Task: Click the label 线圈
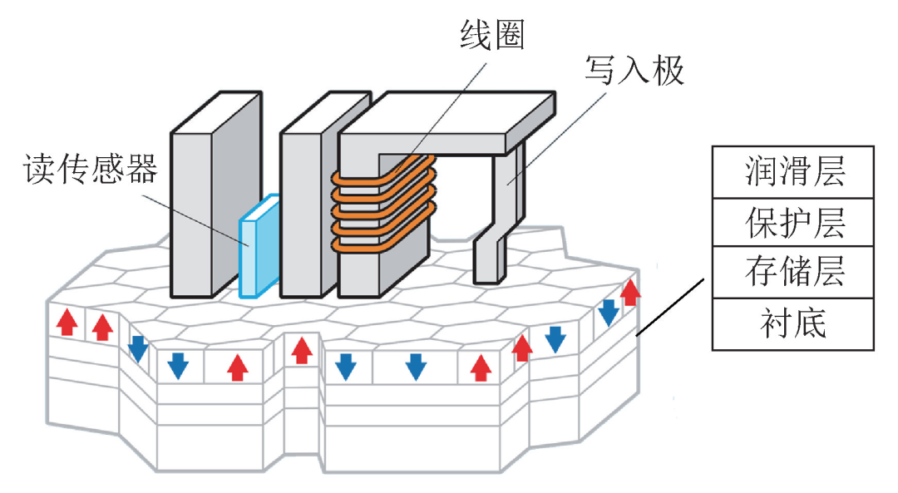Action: click(x=492, y=35)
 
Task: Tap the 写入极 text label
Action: click(x=634, y=71)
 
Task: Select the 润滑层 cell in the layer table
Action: click(x=793, y=172)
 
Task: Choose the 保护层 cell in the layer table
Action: click(x=793, y=223)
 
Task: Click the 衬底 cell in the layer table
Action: click(x=793, y=324)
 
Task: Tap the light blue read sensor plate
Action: click(x=259, y=246)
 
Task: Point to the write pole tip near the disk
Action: click(x=489, y=260)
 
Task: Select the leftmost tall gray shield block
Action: click(x=216, y=194)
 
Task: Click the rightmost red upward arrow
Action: click(x=630, y=292)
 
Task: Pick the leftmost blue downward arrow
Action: click(x=138, y=349)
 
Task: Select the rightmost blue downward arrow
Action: click(x=608, y=313)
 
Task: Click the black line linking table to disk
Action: click(x=670, y=307)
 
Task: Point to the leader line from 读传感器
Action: click(x=195, y=220)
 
